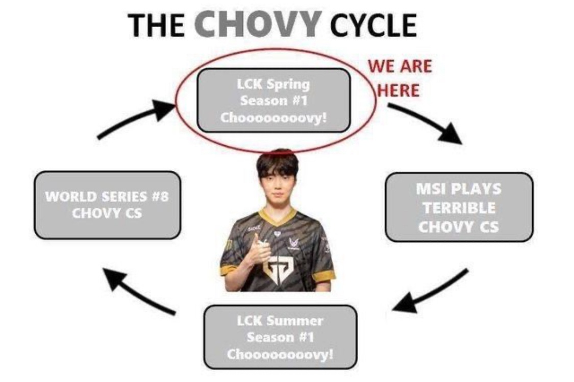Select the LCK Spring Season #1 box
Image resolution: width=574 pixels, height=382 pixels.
pyautogui.click(x=273, y=100)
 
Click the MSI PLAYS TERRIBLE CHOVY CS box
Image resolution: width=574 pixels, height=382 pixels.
pyautogui.click(x=458, y=207)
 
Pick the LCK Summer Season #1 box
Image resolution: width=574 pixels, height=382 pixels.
pyautogui.click(x=280, y=337)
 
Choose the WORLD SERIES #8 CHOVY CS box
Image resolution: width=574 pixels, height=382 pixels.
pyautogui.click(x=107, y=205)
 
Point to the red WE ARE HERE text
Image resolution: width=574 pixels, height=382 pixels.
pyautogui.click(x=400, y=78)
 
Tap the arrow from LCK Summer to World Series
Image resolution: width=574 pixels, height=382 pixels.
pyautogui.click(x=138, y=291)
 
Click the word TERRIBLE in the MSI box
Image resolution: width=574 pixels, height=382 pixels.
pyautogui.click(x=458, y=208)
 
